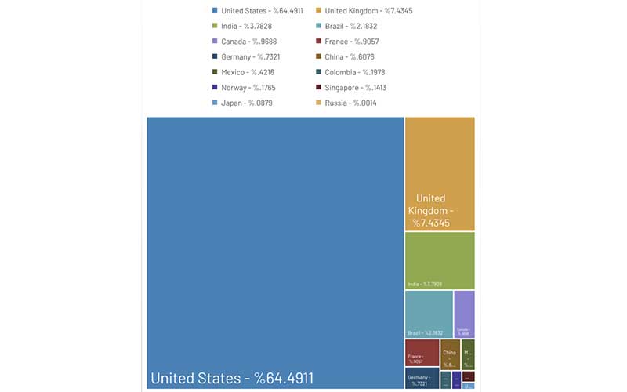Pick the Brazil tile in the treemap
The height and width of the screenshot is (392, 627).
(x=429, y=312)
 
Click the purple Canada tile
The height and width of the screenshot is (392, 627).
(x=464, y=312)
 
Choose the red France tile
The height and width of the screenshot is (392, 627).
(x=422, y=352)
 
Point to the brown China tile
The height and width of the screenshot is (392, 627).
(x=450, y=352)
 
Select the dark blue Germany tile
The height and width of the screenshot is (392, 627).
(x=422, y=378)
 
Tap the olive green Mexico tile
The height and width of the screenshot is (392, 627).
(x=468, y=352)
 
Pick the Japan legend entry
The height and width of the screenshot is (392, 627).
(x=243, y=103)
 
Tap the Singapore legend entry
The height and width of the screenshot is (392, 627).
(x=356, y=88)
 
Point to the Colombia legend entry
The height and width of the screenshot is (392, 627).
(x=355, y=72)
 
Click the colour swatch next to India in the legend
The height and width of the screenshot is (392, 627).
(x=215, y=26)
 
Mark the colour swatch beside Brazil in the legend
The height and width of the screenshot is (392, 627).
(x=318, y=26)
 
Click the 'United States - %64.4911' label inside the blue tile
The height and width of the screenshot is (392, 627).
(x=232, y=379)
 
